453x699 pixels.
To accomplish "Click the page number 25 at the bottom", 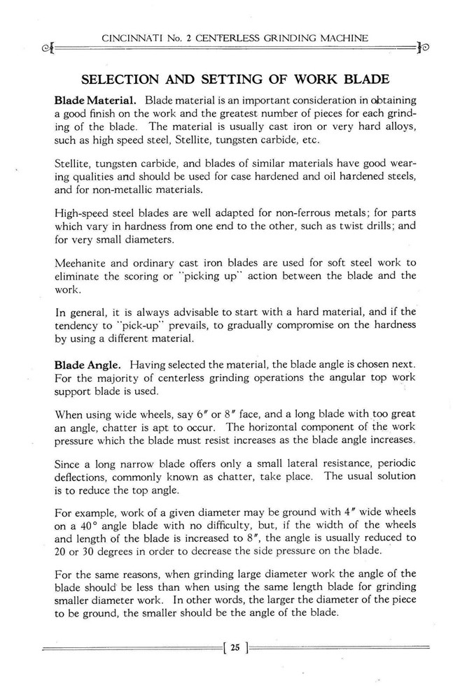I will tap(235, 647).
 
